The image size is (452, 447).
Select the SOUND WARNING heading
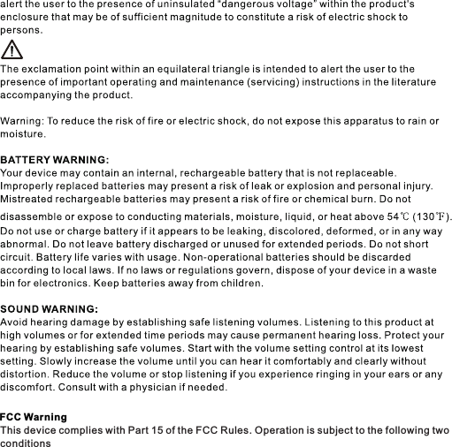tap(49, 309)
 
